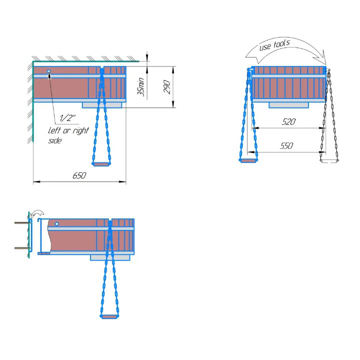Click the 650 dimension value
[x=79, y=175]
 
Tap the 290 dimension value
[x=167, y=87]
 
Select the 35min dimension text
[x=141, y=86]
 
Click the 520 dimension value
[x=288, y=121]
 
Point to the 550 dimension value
[x=286, y=145]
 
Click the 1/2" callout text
[x=67, y=118]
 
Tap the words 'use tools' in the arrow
[x=274, y=45]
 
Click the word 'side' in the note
[x=55, y=140]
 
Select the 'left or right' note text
[x=68, y=130]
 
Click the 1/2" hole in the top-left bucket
[x=48, y=71]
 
